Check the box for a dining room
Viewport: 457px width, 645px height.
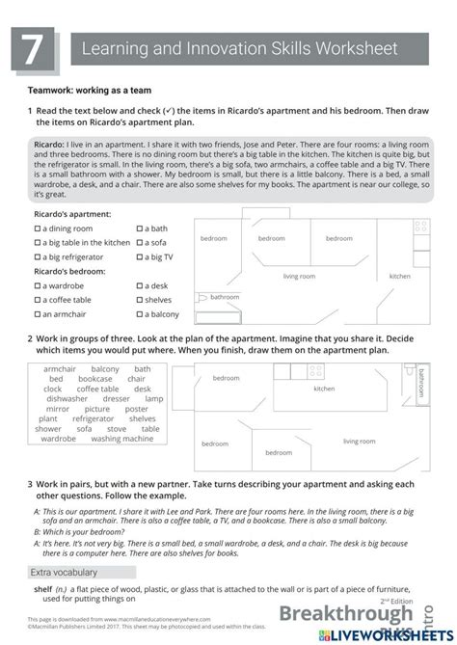[37, 228]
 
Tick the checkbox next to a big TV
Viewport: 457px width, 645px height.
[141, 257]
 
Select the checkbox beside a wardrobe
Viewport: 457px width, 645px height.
[37, 285]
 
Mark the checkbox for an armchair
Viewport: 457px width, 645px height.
[37, 314]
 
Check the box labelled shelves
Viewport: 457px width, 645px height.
[141, 300]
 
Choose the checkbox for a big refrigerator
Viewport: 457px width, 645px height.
[37, 257]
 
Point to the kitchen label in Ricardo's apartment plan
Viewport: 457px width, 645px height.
[399, 276]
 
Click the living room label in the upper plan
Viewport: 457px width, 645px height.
[299, 277]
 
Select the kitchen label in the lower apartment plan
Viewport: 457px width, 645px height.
[324, 389]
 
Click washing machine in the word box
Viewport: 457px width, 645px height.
[121, 439]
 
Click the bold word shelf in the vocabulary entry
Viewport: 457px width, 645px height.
[42, 587]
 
